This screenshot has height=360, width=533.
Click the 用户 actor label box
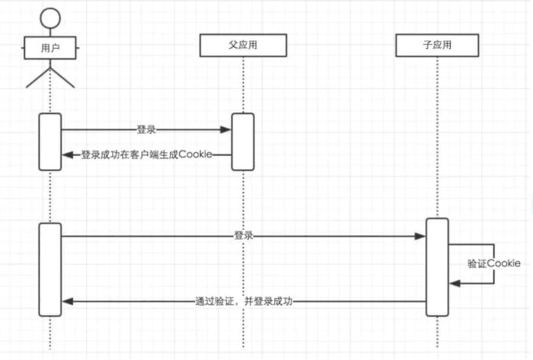click(x=50, y=48)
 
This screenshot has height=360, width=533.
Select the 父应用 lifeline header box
click(x=243, y=45)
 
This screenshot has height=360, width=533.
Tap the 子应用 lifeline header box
click(x=437, y=45)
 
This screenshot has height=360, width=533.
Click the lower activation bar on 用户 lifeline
click(x=50, y=269)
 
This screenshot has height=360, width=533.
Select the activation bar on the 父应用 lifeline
click(x=243, y=142)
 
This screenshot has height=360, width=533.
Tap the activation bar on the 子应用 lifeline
click(x=437, y=267)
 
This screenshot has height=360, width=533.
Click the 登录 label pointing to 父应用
click(x=146, y=130)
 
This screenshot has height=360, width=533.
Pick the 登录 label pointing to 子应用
click(x=244, y=236)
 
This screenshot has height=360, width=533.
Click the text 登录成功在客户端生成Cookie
click(x=146, y=155)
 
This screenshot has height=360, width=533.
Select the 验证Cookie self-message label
click(x=494, y=263)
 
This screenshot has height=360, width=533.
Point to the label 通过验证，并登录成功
click(x=244, y=301)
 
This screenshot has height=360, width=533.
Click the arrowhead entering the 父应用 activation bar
click(x=226, y=130)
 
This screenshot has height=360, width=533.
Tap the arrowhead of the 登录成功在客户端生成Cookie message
click(x=67, y=155)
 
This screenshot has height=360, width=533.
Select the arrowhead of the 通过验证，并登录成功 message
click(x=67, y=301)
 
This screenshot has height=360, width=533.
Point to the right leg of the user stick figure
click(x=63, y=79)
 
